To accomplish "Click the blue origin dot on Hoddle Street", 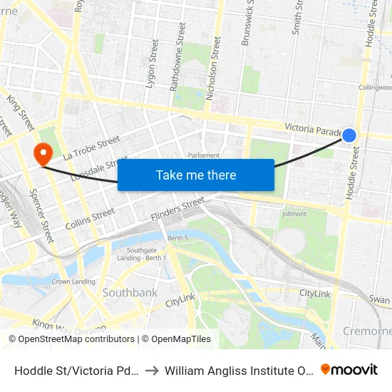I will tap(349, 135).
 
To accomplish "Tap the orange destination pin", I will tap(43, 153).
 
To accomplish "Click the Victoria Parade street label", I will tap(314, 128).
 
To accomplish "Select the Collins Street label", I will tap(90, 218).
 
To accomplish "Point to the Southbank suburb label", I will tap(130, 292).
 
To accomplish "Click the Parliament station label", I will tap(204, 155).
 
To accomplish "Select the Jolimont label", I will tap(294, 213).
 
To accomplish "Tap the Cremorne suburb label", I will tap(367, 331).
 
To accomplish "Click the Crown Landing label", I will tap(73, 282).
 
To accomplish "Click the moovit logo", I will tap(349, 370).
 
